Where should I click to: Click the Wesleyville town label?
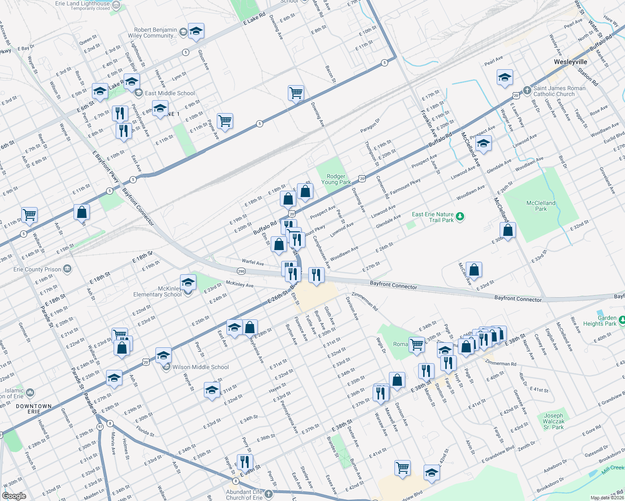[570, 62]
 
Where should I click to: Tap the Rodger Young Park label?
[336, 179]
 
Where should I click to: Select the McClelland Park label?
[541, 206]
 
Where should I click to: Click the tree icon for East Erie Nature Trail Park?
[460, 216]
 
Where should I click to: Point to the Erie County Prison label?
[37, 269]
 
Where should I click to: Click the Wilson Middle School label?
[201, 367]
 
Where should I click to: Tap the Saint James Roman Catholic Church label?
[559, 91]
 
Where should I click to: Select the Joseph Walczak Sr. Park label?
[553, 421]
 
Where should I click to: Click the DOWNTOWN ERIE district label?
[34, 409]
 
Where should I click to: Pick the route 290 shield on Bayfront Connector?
[241, 271]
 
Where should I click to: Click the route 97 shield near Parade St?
[100, 427]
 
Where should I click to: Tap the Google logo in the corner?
[14, 496]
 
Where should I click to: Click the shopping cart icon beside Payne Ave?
[225, 121]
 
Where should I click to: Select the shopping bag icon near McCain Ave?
[474, 270]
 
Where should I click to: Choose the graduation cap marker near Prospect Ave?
[483, 144]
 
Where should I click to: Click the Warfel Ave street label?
[253, 262]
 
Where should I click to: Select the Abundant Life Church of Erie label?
[244, 495]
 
